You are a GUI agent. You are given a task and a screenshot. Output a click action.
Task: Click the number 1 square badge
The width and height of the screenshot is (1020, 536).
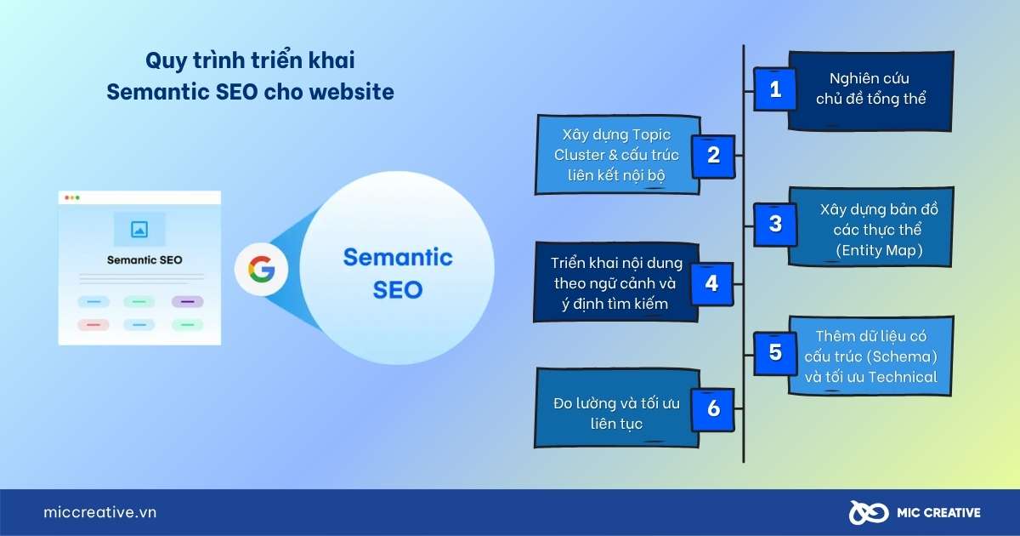pyautogui.click(x=775, y=89)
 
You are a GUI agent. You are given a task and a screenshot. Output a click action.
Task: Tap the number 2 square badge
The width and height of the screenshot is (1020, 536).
pyautogui.click(x=713, y=156)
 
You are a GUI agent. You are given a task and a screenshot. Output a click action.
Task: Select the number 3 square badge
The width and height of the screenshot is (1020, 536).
pyautogui.click(x=775, y=225)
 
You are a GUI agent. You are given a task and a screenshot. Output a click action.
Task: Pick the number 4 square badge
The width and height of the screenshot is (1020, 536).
pyautogui.click(x=712, y=283)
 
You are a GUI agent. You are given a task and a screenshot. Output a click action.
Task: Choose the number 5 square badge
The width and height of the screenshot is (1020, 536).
pyautogui.click(x=775, y=353)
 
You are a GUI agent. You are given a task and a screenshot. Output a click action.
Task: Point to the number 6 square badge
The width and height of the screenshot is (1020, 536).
pyautogui.click(x=713, y=409)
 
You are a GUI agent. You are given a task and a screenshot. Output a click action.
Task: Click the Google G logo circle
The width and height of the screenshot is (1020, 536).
pyautogui.click(x=262, y=269)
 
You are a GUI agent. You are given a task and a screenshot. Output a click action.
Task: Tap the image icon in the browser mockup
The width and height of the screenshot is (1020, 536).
pyautogui.click(x=139, y=229)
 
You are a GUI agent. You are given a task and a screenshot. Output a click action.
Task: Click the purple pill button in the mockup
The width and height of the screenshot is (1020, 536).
pyautogui.click(x=187, y=302)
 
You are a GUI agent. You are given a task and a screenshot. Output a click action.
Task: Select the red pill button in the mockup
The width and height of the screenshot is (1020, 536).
pyautogui.click(x=93, y=324)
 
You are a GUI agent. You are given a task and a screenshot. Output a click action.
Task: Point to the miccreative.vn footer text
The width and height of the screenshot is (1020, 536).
pyautogui.click(x=100, y=512)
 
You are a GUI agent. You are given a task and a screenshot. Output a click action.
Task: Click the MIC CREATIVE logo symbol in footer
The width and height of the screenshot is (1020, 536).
pyautogui.click(x=869, y=512)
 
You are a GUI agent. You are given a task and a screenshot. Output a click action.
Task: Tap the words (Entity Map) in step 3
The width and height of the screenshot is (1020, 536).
pyautogui.click(x=879, y=250)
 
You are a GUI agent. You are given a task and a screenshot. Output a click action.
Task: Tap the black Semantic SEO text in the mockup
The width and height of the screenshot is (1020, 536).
pyautogui.click(x=144, y=259)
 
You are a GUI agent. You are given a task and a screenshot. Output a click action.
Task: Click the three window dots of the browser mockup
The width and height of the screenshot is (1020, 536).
pyautogui.click(x=72, y=197)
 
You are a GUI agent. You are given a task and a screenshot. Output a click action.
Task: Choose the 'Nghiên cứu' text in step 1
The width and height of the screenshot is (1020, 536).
pyautogui.click(x=870, y=78)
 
